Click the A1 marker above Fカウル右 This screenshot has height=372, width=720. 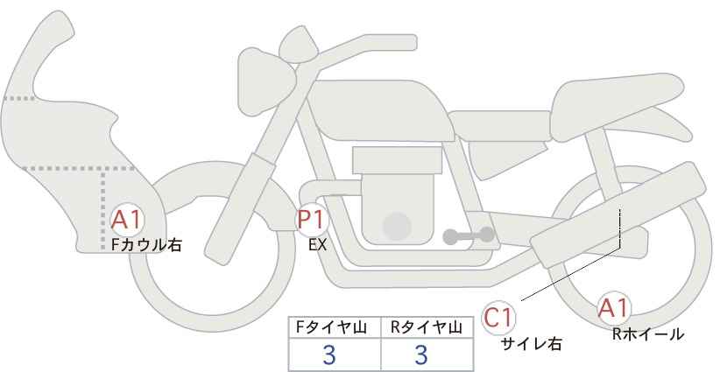click(x=127, y=221)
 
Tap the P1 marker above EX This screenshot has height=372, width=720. click(x=312, y=220)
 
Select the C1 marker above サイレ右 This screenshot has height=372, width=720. click(x=498, y=318)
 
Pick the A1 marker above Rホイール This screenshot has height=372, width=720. click(x=613, y=308)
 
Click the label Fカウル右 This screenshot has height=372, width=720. click(x=146, y=245)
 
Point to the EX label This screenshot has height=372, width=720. click(x=317, y=245)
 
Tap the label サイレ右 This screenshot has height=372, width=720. click(x=532, y=344)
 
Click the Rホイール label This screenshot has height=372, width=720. click(x=648, y=334)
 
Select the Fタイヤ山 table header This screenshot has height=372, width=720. click(x=331, y=327)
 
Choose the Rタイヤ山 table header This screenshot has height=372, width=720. click(x=427, y=327)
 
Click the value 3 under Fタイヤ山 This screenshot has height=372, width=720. click(x=329, y=354)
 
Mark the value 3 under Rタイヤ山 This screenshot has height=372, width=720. click(x=421, y=354)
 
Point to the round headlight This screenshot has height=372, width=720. click(x=266, y=81)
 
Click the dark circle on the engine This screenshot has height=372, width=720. click(x=397, y=226)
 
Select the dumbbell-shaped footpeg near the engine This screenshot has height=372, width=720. click(x=469, y=235)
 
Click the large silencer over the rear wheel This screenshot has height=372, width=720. click(x=618, y=214)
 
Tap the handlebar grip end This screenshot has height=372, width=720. click(x=404, y=43)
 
